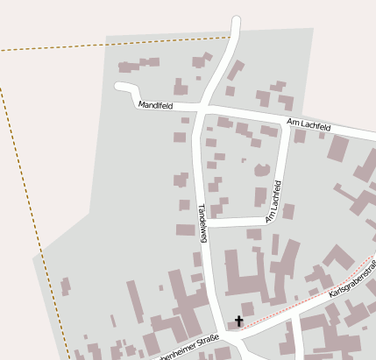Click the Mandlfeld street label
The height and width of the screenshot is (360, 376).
(x=156, y=105)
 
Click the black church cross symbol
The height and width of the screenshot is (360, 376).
(x=238, y=322)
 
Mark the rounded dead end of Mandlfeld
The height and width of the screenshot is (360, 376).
(x=120, y=86)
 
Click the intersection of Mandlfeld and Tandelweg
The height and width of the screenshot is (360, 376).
(x=199, y=110)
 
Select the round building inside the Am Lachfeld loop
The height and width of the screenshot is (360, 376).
(x=261, y=169)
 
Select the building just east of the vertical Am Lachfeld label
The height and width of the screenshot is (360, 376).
(x=288, y=211)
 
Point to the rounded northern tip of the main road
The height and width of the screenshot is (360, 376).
(x=235, y=20)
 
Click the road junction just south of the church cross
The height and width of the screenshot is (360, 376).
(x=235, y=337)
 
